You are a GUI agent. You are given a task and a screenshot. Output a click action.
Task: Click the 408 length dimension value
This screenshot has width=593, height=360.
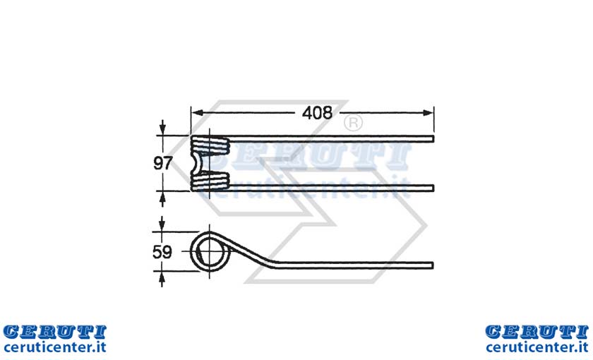[x=317, y=113]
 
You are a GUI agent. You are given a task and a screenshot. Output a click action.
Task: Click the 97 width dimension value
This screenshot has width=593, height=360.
[x=163, y=163]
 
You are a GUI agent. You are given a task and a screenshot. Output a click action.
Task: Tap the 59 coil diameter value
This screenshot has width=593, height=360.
[x=162, y=252]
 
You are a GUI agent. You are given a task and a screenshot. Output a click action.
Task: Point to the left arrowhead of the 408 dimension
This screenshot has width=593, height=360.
[x=197, y=113]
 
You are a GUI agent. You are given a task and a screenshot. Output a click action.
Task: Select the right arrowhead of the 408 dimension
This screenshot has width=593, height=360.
[x=428, y=113]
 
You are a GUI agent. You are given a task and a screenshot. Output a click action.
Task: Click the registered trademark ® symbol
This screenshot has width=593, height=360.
[x=353, y=123]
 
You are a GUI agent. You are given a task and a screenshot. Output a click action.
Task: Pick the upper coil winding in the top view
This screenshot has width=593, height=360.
[x=210, y=145]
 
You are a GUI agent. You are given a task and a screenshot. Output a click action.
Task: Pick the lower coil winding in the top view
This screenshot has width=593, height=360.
[x=210, y=181]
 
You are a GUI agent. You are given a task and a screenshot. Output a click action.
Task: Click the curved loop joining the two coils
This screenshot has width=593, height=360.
[x=196, y=163]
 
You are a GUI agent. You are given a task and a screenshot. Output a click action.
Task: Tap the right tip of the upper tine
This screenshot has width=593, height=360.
[x=433, y=139]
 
